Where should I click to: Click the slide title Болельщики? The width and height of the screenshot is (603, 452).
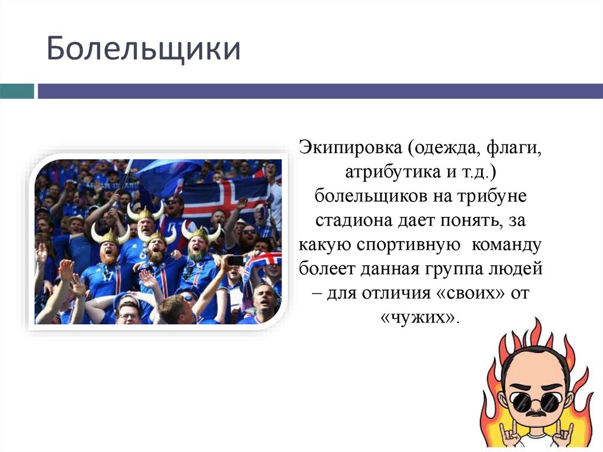click(144, 49)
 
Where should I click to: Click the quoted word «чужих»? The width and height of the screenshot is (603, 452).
click(419, 319)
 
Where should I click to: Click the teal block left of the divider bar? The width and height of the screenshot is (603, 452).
click(17, 91)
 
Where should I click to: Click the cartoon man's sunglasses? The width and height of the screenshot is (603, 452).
click(535, 402)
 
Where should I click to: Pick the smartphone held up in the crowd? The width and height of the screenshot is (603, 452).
click(236, 260)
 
